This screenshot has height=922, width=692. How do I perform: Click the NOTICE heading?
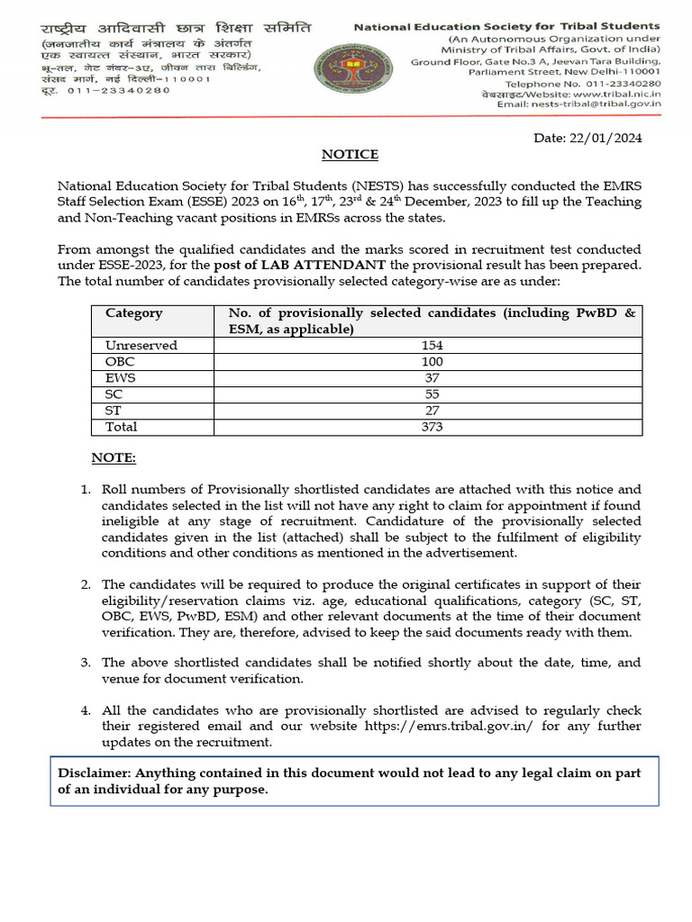coord(351,155)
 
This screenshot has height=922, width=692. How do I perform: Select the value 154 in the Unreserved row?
coord(432,346)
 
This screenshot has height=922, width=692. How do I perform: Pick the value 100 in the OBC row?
coord(432,362)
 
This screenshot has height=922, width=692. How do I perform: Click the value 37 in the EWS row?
coord(432,378)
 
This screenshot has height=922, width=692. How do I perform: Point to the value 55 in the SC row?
coord(432,394)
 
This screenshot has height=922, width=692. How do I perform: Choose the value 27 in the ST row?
coord(432,411)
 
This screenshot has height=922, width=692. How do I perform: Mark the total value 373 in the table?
coord(432,427)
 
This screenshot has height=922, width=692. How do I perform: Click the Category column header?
coord(133,313)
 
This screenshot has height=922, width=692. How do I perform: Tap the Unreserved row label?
coord(141,346)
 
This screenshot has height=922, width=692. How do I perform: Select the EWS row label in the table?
coord(120,378)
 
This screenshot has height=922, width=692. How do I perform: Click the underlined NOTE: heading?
coord(114,459)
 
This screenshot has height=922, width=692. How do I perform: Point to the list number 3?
coord(86,663)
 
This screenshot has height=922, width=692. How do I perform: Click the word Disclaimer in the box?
coord(94,773)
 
